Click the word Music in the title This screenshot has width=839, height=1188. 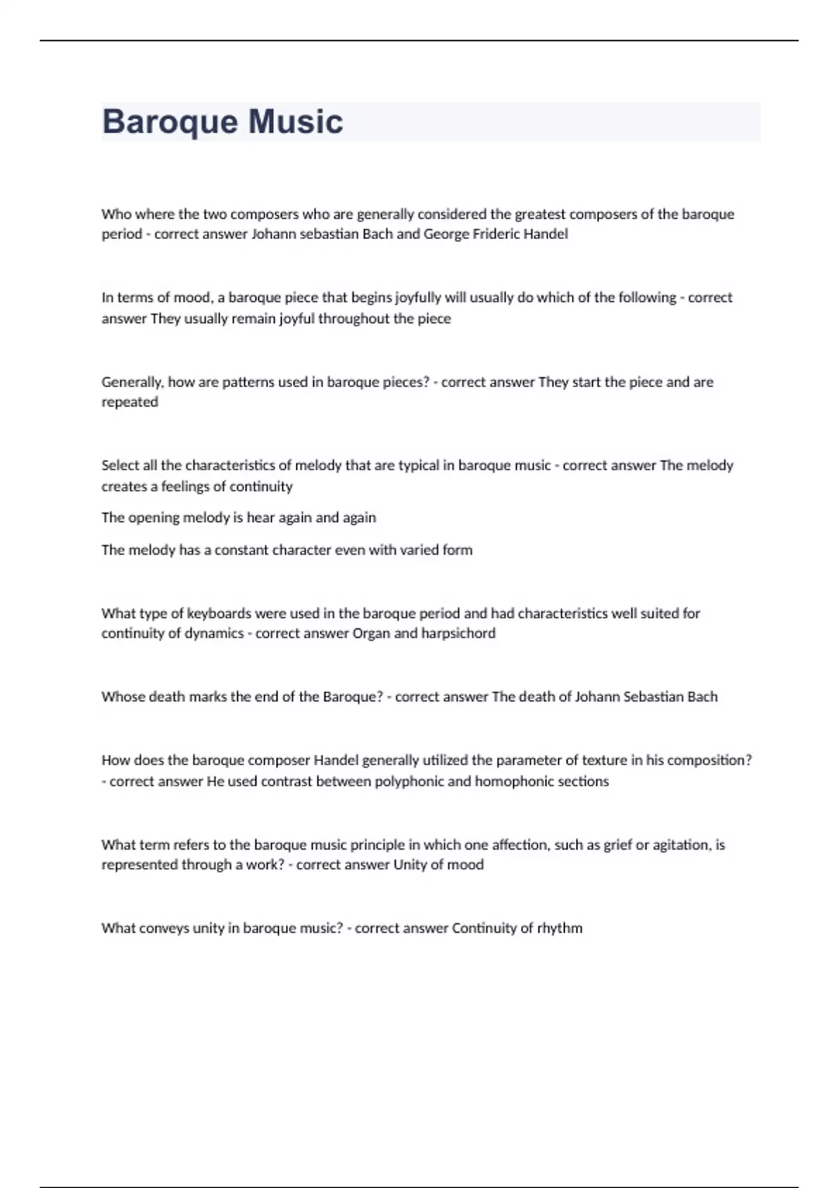click(296, 122)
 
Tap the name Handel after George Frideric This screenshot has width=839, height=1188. click(545, 234)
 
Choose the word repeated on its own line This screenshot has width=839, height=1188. click(130, 403)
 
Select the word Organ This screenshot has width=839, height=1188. click(371, 634)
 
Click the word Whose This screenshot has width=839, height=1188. click(123, 697)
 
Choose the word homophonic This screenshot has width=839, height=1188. click(512, 781)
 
